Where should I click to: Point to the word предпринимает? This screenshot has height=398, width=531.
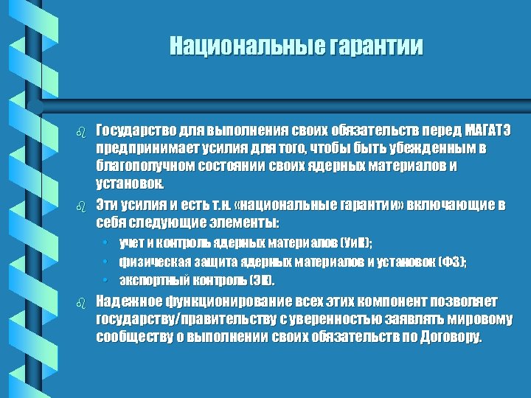click(141, 149)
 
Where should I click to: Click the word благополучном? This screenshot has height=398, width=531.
click(141, 166)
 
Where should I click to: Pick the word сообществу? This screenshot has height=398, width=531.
click(133, 338)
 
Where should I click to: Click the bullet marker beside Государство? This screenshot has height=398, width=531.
click(83, 133)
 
